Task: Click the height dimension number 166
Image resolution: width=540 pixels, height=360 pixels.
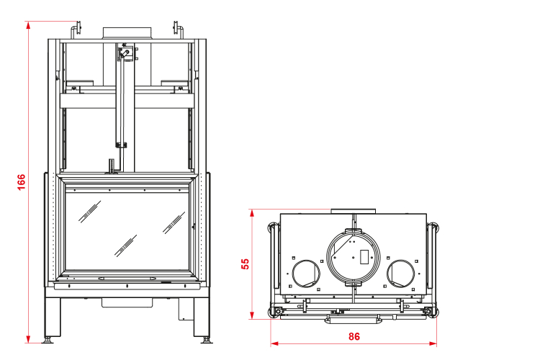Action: (x=21, y=183)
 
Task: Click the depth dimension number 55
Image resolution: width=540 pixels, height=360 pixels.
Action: (x=246, y=264)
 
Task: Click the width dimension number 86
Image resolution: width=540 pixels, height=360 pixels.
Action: (x=354, y=336)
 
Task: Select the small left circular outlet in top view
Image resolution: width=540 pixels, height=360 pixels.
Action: (x=305, y=274)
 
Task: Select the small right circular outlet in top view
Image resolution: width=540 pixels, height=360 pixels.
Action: (x=400, y=274)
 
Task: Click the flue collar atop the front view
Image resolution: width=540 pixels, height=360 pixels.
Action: (x=127, y=33)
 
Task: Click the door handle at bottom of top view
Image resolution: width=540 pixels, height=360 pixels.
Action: (x=353, y=315)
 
